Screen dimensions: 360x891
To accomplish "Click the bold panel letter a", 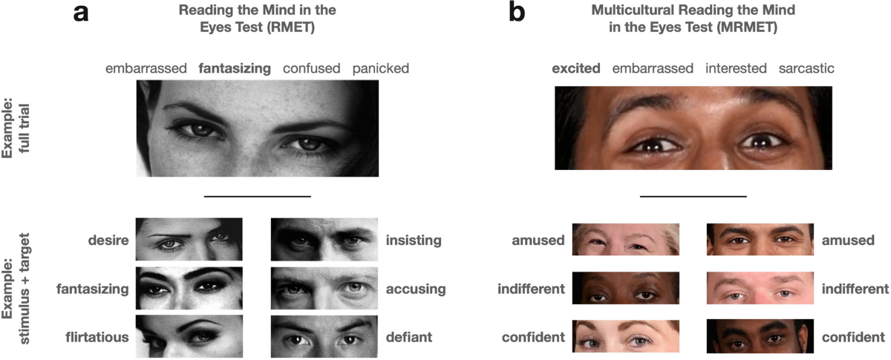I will (84, 13).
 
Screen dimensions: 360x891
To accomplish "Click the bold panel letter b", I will (517, 13).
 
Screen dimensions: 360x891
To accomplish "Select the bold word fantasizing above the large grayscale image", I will (235, 69).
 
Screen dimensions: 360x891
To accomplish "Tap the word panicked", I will (381, 69).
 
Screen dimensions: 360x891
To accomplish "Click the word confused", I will (311, 69).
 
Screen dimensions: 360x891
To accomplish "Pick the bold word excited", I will (575, 69).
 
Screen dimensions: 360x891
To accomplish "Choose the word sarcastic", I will (806, 69).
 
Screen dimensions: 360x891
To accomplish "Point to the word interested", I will (736, 69).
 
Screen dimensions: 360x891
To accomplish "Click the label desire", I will (108, 240).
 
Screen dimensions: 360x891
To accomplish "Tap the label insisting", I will (414, 240).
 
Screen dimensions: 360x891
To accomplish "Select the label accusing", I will (415, 289).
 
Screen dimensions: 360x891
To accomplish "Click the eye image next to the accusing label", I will (324, 288).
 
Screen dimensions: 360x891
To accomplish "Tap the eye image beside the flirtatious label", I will (189, 336).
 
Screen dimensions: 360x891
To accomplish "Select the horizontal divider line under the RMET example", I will (257, 197).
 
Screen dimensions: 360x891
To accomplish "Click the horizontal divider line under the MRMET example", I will (693, 197).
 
